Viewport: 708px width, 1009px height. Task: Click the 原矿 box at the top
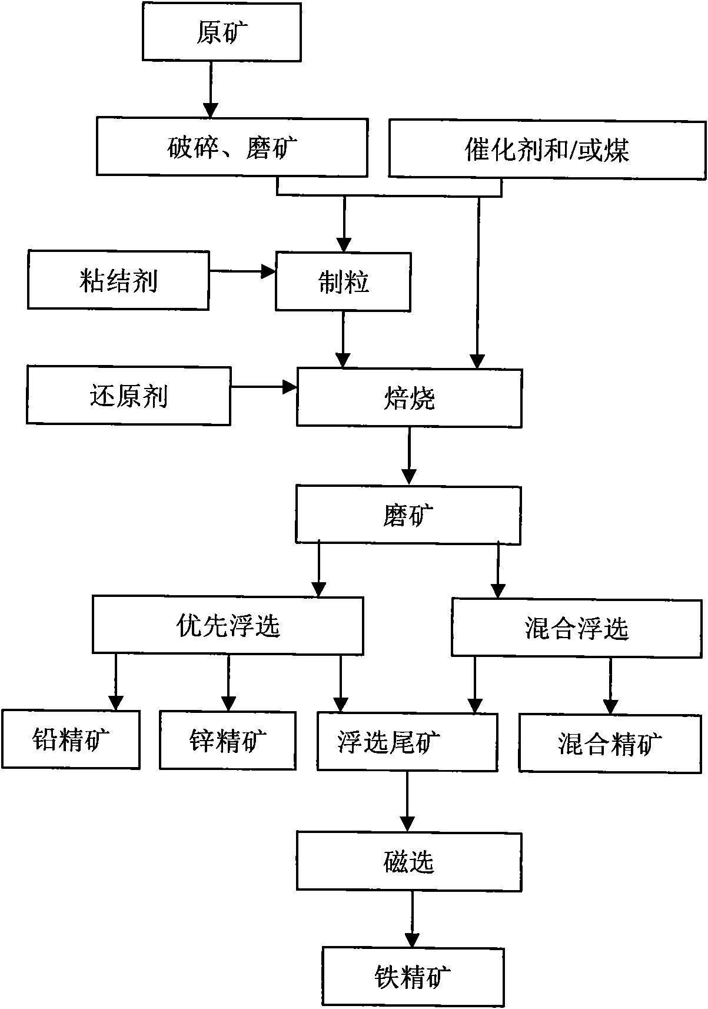tap(222, 32)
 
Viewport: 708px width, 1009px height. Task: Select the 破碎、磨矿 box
tap(232, 147)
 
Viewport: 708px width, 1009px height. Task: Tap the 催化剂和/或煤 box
tap(547, 150)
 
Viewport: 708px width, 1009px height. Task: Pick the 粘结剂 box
tap(118, 280)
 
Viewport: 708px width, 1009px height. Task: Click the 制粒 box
tap(343, 281)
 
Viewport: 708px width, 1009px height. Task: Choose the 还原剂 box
tap(128, 396)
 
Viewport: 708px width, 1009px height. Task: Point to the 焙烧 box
tap(409, 397)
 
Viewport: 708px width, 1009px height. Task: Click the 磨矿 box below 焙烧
tap(408, 514)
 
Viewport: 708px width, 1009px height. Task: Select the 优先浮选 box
tap(228, 625)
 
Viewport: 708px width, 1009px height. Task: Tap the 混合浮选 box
tap(577, 628)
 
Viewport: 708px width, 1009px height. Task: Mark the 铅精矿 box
tap(71, 739)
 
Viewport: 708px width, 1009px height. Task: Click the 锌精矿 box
tap(228, 740)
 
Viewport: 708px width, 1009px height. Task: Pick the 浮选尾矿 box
tap(407, 742)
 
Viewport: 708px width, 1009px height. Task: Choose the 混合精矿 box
tap(610, 743)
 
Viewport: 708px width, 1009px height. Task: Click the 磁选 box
tap(409, 861)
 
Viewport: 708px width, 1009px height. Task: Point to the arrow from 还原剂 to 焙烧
tap(263, 387)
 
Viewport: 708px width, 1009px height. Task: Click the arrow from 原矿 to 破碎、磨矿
tap(211, 88)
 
